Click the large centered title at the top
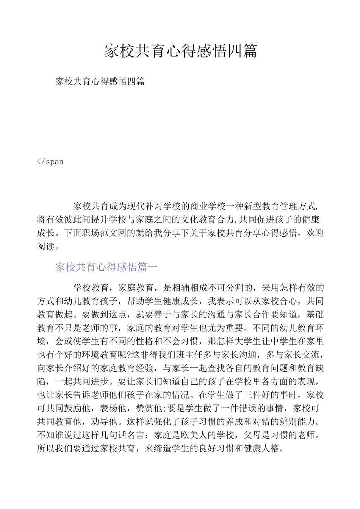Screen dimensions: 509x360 coord(181,51)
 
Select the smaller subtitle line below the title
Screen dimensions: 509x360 coord(100,81)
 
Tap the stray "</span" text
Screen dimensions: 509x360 coord(50,162)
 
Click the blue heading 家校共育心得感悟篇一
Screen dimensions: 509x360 coord(106,267)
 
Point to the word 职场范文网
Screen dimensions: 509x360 coord(104,233)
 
